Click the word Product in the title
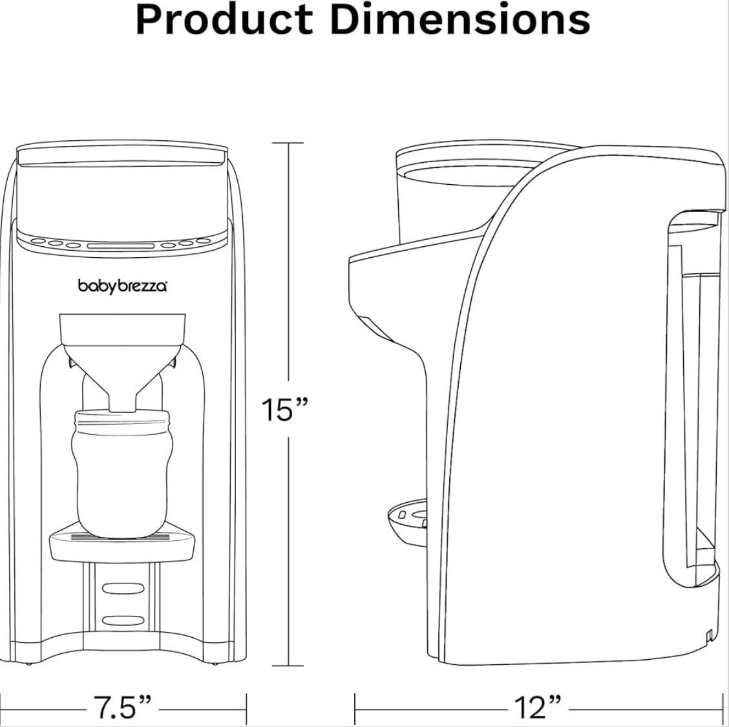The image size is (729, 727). coord(224,20)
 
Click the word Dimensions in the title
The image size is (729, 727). coord(460,20)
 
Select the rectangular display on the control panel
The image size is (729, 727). coord(120,246)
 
